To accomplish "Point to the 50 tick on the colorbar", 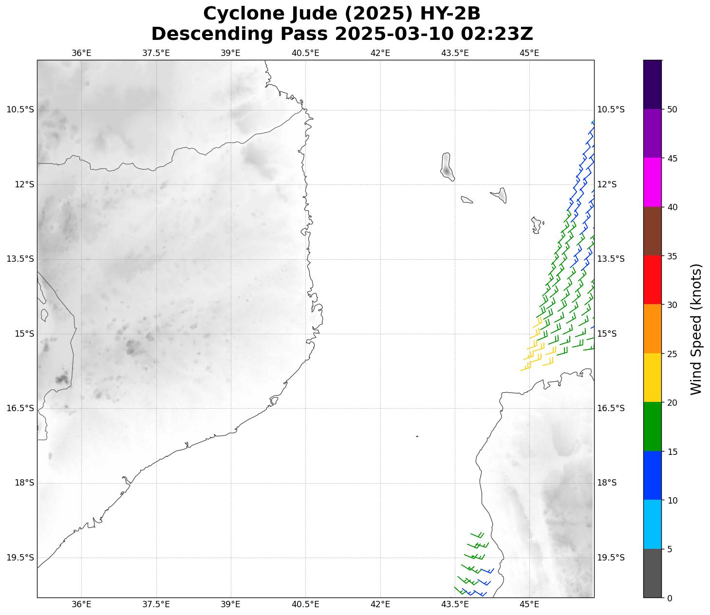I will point(672,109).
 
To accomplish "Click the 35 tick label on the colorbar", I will point(672,256).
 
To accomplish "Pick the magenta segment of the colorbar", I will point(653,182).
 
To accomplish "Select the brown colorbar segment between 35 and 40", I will point(653,231).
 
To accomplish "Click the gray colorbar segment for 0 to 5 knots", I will point(653,573).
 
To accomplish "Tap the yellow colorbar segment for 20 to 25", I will point(653,378).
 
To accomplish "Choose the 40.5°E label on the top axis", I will point(305,53).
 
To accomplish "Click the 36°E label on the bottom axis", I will point(81,604).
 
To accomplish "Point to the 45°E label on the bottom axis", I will point(529,604).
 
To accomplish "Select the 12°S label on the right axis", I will point(607,184).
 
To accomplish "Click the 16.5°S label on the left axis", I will point(20,408).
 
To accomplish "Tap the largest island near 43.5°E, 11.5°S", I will point(447,165).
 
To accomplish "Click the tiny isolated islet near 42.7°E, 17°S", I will point(417,436).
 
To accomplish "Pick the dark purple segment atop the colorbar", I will point(653,85).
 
